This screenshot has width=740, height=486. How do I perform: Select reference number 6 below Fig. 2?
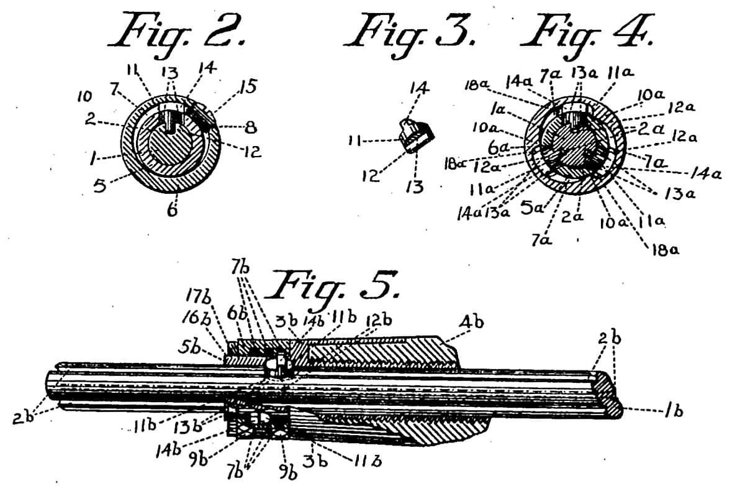172,210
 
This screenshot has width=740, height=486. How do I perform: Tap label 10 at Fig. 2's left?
85,97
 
